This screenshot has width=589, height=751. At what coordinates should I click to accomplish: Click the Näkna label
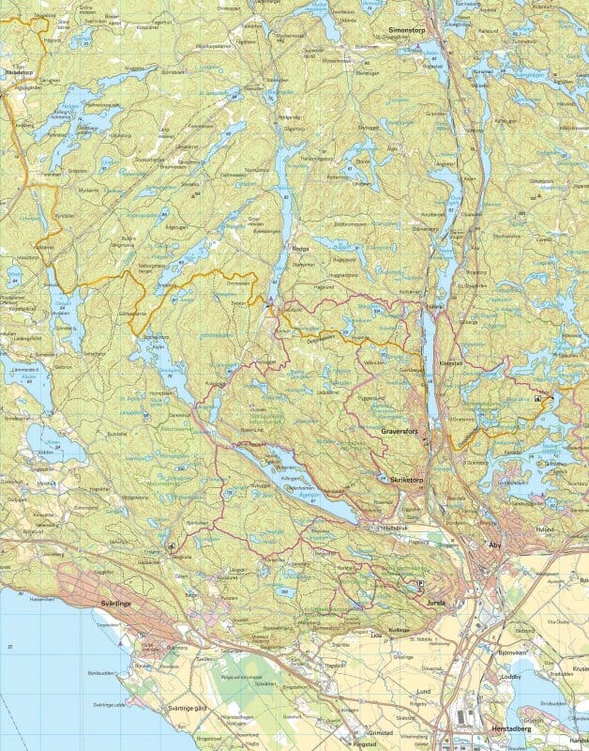434,306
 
